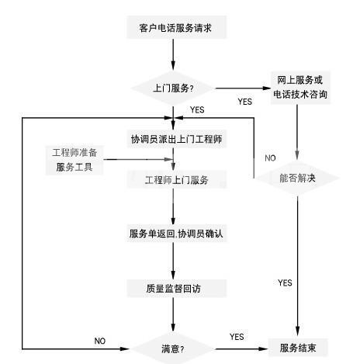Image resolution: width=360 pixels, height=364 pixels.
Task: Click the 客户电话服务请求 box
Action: click(x=176, y=27)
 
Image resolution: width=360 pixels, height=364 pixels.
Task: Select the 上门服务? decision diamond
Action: click(x=173, y=88)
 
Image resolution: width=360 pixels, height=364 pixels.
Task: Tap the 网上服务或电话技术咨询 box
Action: click(x=300, y=88)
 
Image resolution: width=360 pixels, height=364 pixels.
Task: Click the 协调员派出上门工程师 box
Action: click(x=176, y=139)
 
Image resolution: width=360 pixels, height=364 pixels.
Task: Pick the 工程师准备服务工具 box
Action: click(x=74, y=160)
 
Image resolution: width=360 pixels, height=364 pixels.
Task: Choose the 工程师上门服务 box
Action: click(x=176, y=179)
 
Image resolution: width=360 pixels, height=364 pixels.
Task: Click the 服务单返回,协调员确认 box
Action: click(x=176, y=234)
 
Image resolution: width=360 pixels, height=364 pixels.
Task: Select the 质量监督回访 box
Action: click(x=176, y=288)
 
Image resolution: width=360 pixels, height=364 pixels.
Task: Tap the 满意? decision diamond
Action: click(x=173, y=348)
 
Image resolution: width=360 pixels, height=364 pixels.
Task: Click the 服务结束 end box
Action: click(x=298, y=348)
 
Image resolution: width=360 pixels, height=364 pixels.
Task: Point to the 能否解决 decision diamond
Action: click(x=297, y=178)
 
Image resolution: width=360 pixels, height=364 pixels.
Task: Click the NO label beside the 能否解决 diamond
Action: click(x=270, y=158)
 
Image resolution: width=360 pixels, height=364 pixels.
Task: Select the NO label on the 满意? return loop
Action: click(x=100, y=341)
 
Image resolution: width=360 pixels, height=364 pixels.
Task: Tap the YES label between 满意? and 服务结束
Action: click(x=237, y=337)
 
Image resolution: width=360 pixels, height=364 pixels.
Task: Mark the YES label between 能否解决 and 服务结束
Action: click(x=285, y=283)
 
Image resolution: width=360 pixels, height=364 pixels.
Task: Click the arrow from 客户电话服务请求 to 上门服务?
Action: click(x=173, y=54)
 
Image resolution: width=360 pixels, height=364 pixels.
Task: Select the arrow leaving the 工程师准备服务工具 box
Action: click(x=138, y=159)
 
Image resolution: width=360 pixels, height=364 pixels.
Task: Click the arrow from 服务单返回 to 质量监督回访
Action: click(x=173, y=261)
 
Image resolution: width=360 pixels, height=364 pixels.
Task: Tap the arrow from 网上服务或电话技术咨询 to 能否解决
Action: click(x=297, y=132)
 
